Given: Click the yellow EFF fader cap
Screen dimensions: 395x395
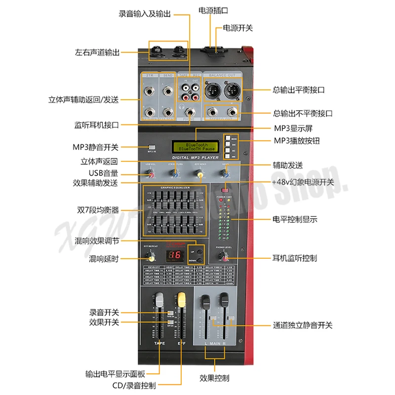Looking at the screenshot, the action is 181,299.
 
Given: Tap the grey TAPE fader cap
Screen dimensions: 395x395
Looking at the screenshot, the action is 159,300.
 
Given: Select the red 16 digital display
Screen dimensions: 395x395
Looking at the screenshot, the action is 174,256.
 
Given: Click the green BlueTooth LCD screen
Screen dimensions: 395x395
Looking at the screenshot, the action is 196,147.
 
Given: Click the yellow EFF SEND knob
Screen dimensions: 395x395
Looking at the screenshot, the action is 199,173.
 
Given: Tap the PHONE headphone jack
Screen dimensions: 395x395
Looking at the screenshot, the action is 190,113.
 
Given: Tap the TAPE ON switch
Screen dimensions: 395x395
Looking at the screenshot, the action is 169,313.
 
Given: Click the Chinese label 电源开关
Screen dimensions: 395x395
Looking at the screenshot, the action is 238,28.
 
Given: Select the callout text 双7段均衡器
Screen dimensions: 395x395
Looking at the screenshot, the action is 101,210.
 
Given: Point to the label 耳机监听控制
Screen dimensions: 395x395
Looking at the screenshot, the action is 295,258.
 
